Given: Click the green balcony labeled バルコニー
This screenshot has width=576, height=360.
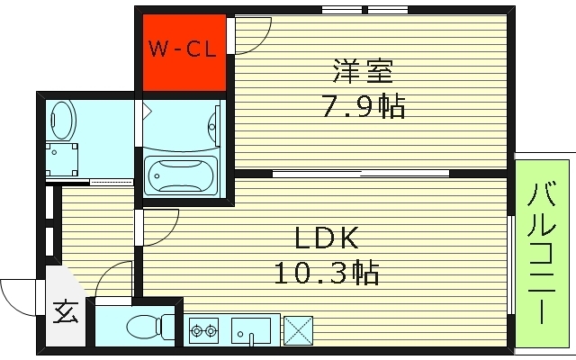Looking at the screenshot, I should pos(542,252).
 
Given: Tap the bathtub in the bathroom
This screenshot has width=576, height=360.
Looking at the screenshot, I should pos(180,173).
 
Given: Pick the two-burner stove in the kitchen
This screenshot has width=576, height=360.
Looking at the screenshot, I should pos(203,330).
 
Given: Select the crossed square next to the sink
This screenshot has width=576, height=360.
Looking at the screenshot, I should pos(297,329).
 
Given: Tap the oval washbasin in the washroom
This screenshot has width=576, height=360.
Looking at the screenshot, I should pos(62,116).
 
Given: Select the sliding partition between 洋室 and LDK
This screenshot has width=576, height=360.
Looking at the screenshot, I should pos(360,173).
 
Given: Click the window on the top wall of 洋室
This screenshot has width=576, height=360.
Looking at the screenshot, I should pos(364,11).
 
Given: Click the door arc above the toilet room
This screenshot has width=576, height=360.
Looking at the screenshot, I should pos(112,277).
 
